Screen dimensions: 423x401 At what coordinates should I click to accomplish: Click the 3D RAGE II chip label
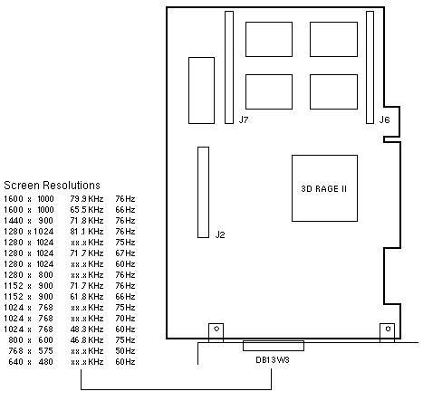[323, 189]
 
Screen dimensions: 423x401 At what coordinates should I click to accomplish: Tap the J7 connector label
[244, 119]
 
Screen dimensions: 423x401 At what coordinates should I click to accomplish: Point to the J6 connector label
[384, 119]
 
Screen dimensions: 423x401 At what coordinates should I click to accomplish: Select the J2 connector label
[220, 234]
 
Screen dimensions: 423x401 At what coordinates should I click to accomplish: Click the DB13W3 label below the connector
[273, 360]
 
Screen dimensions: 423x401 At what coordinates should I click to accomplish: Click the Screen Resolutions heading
[52, 186]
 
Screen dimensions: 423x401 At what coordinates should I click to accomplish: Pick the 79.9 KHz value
[87, 199]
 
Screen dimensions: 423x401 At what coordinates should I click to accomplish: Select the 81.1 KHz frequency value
[87, 232]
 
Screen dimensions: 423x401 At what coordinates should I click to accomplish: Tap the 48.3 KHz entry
[87, 329]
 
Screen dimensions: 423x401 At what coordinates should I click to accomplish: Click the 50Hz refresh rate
[125, 351]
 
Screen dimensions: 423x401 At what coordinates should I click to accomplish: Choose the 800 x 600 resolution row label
[31, 340]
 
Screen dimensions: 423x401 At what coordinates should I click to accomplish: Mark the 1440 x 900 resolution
[29, 221]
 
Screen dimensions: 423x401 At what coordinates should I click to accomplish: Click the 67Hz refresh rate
[125, 253]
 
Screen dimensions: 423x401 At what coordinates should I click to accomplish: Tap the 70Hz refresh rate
[125, 319]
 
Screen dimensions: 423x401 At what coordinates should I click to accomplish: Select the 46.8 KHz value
[87, 340]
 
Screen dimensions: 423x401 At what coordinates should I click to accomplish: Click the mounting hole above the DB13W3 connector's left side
[216, 329]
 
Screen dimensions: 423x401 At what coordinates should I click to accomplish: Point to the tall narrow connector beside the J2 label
[203, 192]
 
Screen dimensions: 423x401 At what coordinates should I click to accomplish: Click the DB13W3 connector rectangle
[274, 346]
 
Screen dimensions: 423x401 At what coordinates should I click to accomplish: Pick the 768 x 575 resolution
[31, 351]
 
